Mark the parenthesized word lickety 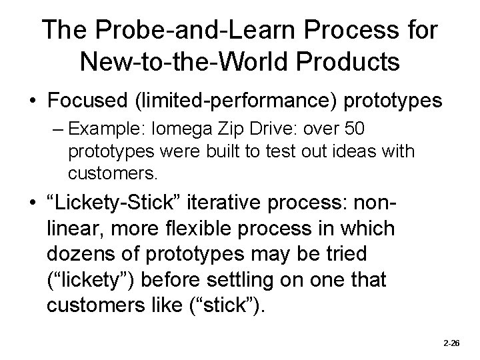tap(91, 280)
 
